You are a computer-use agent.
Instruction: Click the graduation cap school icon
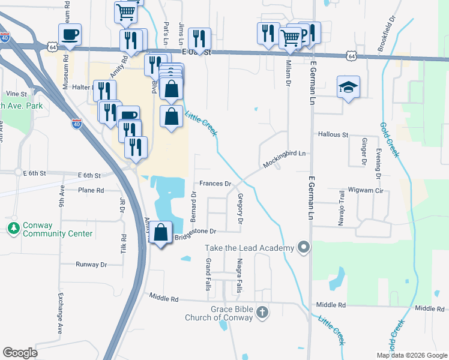click(348, 88)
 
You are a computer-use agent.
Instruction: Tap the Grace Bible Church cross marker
click(262, 312)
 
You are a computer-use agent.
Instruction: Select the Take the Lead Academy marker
click(304, 247)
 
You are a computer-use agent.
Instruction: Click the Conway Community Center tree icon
click(13, 229)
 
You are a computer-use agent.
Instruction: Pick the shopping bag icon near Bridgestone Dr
click(161, 233)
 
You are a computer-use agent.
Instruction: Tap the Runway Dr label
click(91, 264)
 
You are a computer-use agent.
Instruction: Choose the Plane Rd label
click(91, 190)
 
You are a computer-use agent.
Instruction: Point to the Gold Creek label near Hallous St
click(388, 140)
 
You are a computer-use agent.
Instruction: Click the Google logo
click(20, 353)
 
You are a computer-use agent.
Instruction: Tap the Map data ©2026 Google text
click(412, 355)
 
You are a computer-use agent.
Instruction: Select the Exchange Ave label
click(60, 313)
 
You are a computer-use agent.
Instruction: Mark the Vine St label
click(17, 94)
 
